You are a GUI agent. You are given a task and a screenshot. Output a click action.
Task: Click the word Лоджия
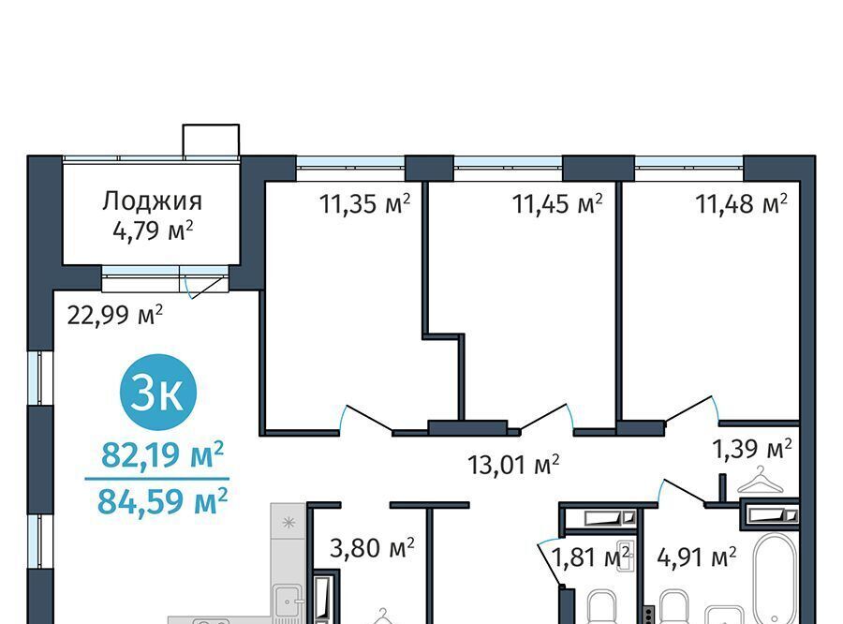[x=152, y=201]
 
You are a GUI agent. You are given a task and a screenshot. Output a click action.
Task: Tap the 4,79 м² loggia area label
[x=154, y=231]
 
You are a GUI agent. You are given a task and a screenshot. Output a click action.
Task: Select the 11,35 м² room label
[x=365, y=204]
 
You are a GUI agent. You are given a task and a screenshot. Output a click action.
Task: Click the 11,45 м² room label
[x=557, y=204]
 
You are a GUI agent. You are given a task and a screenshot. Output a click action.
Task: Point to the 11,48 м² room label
[x=742, y=204]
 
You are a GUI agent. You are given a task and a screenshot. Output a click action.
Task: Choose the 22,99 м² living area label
[x=115, y=315]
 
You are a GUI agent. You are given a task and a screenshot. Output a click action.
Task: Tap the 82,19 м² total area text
[x=162, y=455]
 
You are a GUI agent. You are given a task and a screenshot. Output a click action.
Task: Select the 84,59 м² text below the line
[x=162, y=501]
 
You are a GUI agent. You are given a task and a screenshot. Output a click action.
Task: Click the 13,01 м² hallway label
[x=514, y=465]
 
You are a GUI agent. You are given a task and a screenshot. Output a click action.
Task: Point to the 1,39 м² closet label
[x=752, y=449]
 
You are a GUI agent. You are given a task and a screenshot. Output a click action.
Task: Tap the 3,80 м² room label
[x=372, y=549]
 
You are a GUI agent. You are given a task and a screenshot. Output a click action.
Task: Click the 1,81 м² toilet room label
[x=591, y=557]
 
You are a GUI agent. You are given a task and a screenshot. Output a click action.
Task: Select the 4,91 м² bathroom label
[x=696, y=557]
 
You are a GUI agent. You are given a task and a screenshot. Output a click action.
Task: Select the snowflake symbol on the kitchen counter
[x=288, y=522]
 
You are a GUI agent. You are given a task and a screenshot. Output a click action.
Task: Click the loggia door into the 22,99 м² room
[x=205, y=286]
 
